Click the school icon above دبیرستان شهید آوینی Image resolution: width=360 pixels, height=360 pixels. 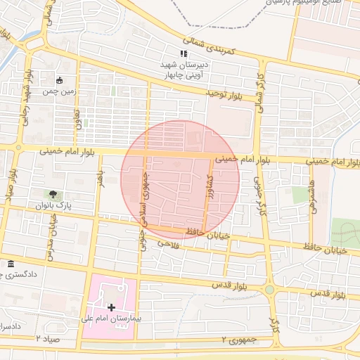[x=183, y=53]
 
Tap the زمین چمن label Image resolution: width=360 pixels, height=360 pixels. [x=58, y=91]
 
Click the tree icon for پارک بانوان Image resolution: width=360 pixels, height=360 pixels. [x=53, y=194]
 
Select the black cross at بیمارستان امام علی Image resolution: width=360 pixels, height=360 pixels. [x=111, y=307]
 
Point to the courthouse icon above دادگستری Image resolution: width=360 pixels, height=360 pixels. [x=10, y=264]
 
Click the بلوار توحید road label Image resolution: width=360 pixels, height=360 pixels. [x=229, y=92]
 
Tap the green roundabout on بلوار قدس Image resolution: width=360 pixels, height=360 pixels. [x=269, y=289]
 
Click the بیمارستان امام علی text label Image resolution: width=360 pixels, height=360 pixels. [x=111, y=319]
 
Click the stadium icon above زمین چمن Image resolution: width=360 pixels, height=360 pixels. [x=58, y=79]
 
